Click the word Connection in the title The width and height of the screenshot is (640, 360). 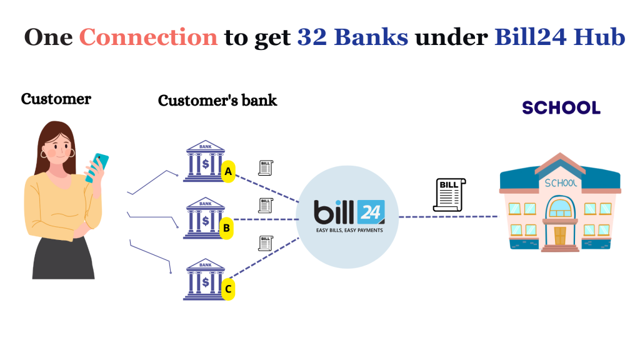tap(149, 37)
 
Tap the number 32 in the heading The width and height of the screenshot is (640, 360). tap(311, 37)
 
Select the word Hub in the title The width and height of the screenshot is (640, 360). tap(604, 37)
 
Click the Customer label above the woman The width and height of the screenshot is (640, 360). tap(56, 99)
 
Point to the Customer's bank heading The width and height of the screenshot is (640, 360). tap(217, 100)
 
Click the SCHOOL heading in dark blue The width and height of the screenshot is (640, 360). tap(561, 107)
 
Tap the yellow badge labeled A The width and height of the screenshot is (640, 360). tap(228, 171)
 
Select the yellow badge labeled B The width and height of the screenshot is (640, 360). tap(227, 229)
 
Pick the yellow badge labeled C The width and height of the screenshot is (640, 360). tap(229, 289)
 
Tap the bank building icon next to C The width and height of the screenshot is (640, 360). tap(204, 280)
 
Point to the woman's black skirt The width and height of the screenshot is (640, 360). tap(63, 257)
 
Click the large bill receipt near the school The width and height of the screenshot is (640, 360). tap(449, 194)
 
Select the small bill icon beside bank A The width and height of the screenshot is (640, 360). tap(266, 167)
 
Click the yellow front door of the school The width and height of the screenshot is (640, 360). tap(559, 236)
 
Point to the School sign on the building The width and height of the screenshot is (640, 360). tap(561, 183)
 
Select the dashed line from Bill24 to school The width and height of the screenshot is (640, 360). tap(447, 217)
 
